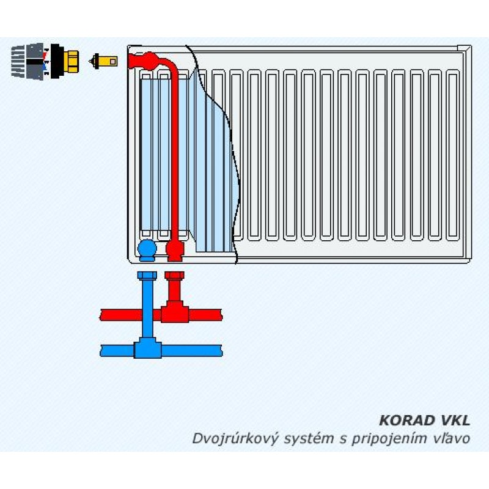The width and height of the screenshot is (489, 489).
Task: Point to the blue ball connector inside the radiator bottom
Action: click(147, 249)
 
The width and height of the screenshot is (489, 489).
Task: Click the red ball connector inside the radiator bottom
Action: click(175, 249)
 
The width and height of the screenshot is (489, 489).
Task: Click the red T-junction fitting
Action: click(174, 314)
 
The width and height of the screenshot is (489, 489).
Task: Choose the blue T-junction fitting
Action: click(147, 350)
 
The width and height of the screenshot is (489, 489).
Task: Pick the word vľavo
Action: click(452, 438)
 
